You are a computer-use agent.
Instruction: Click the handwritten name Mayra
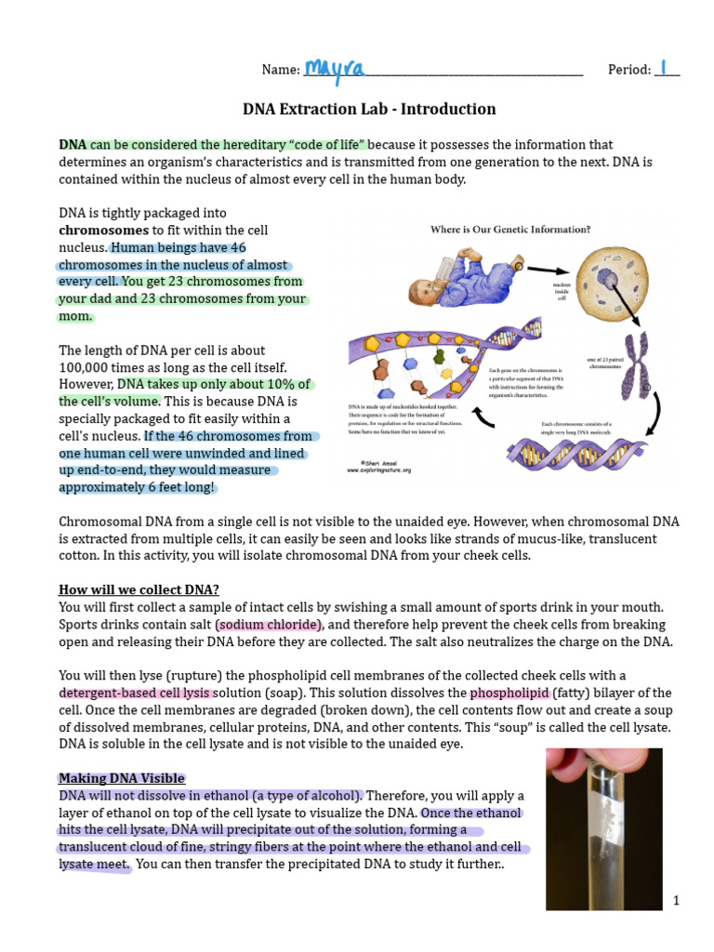coord(335,68)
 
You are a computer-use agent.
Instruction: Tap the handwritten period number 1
coord(664,68)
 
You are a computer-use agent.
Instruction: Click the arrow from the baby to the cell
coord(548,271)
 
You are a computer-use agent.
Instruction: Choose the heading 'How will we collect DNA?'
coord(139,589)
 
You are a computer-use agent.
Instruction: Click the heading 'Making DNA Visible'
coord(122,778)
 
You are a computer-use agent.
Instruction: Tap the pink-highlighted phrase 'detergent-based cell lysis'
coord(136,694)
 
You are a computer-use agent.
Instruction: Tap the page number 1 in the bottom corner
coord(677,900)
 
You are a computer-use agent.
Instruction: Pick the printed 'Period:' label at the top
coord(628,70)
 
